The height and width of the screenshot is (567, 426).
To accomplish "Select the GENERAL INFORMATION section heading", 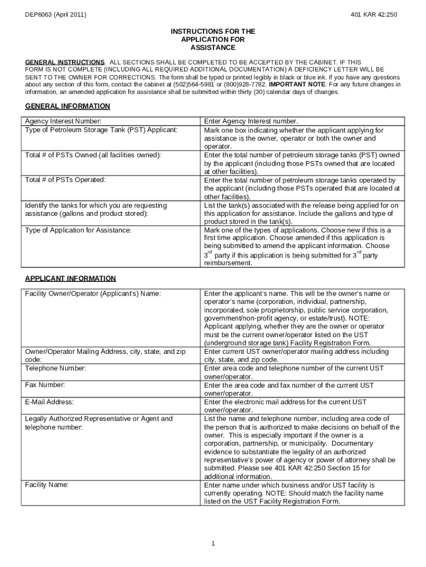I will [x=67, y=106].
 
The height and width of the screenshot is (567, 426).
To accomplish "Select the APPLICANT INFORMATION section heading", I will [x=70, y=279].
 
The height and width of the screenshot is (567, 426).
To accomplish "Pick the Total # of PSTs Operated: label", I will [x=65, y=180].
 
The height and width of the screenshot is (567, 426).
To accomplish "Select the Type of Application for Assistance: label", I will [x=78, y=230].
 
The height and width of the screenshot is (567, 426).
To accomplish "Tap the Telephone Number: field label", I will [x=55, y=368].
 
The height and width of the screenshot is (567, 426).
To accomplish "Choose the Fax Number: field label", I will [x=45, y=384].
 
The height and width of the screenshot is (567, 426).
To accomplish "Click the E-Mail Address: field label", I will [x=49, y=401].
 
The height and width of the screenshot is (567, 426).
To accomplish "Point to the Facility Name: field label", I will [x=47, y=484].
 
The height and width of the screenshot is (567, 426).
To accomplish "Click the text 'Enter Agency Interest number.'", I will [x=251, y=121].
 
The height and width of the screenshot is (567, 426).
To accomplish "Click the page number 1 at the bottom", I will [x=213, y=543].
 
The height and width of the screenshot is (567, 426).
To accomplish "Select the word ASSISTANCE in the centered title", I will [x=212, y=48].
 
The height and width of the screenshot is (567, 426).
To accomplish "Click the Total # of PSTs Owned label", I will [x=93, y=155].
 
